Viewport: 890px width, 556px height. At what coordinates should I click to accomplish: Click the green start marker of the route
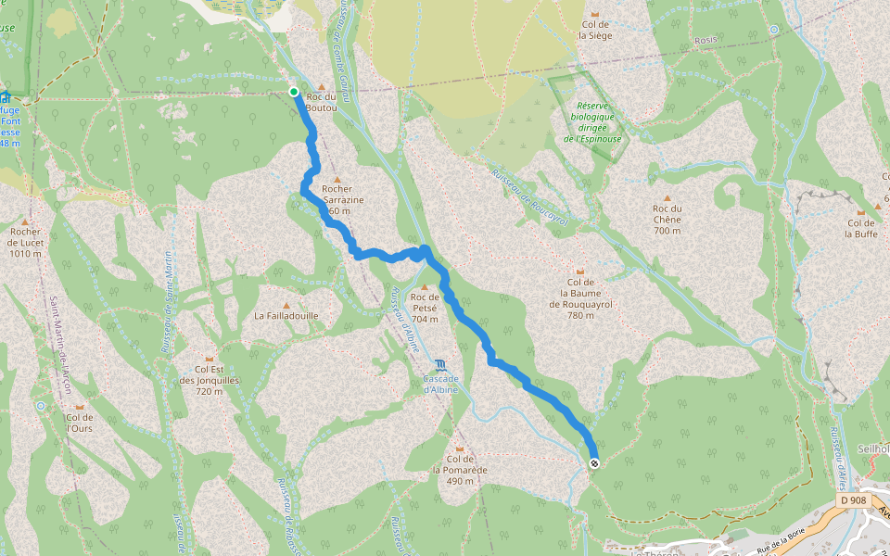tap(294, 91)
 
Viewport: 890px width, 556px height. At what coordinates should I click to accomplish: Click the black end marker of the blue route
tap(593, 463)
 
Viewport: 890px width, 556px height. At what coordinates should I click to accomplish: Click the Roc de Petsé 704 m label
tap(425, 308)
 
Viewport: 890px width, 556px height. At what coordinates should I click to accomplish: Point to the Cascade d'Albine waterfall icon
tap(439, 363)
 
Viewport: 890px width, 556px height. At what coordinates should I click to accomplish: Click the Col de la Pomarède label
tap(460, 463)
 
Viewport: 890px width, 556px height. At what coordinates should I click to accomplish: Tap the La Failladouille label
tap(286, 315)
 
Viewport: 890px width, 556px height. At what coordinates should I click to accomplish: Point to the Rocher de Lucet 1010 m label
tap(25, 242)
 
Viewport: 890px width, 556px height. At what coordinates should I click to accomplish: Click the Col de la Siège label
tap(595, 31)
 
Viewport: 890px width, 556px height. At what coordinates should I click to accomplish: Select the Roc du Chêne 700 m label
tap(667, 220)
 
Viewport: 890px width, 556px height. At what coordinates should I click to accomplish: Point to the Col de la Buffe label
tap(860, 228)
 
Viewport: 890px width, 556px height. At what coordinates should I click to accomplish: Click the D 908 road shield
tap(853, 500)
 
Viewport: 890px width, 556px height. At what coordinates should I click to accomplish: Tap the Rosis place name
tap(706, 41)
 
